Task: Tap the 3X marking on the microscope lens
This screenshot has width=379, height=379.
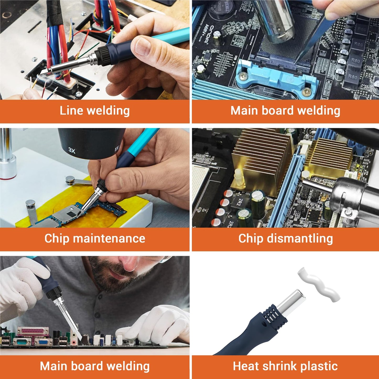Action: (x=72, y=151)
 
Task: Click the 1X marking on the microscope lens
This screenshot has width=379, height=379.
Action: (x=117, y=148)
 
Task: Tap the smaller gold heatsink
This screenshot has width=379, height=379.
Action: (x=332, y=157)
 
